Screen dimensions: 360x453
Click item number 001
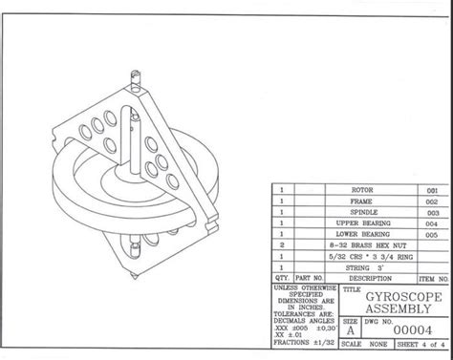coord(431,190)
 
